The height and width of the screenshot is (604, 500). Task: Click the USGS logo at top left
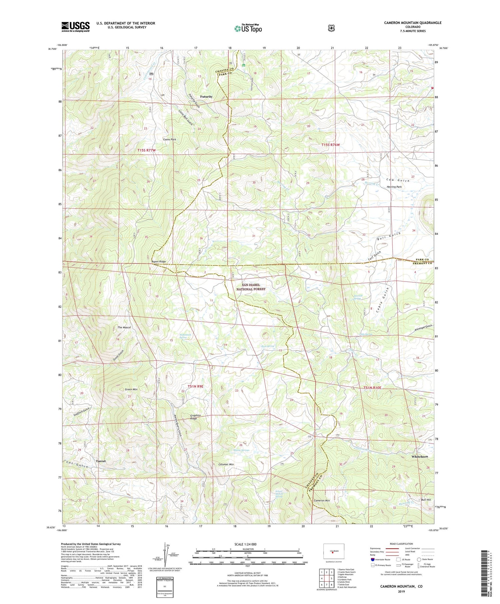75,27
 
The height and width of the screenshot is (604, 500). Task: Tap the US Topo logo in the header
248,28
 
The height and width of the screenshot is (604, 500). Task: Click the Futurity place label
206,97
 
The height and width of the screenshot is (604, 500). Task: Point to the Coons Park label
169,139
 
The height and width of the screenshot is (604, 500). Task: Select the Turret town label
101,461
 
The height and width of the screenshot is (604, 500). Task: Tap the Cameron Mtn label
322,501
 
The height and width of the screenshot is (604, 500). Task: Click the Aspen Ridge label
158,262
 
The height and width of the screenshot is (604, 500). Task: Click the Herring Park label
394,187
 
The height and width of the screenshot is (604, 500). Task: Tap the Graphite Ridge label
195,417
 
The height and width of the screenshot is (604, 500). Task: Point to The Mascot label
124,327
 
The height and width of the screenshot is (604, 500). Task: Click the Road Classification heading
399,544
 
